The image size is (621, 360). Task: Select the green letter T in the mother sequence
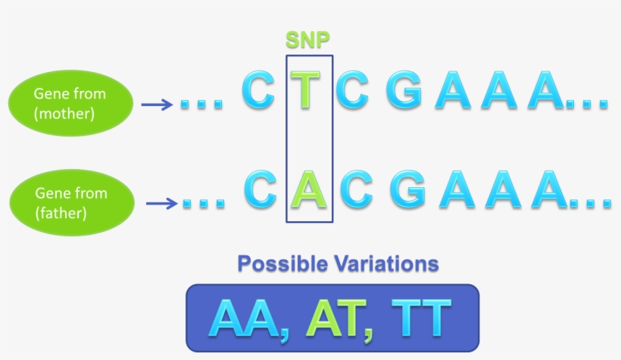tap(305, 89)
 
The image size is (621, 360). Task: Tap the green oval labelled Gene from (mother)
tap(70, 104)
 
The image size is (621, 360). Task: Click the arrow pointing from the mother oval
tap(157, 105)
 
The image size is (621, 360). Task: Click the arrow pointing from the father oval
tap(161, 203)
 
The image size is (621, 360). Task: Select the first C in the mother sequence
tap(257, 90)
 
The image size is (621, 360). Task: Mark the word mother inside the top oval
tap(64, 114)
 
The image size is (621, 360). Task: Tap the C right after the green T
tap(351, 90)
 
